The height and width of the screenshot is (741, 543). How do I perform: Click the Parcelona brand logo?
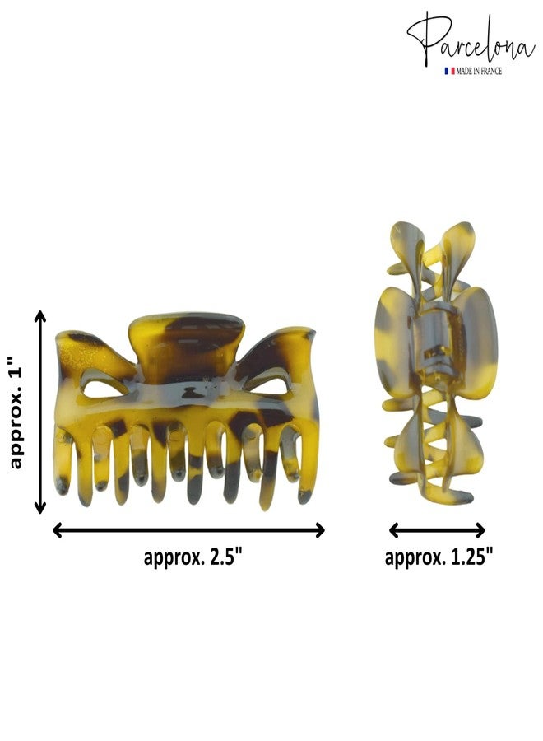point(471,44)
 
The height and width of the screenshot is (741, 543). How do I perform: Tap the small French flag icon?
point(449,71)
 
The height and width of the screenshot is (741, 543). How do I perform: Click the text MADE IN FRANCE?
point(479,71)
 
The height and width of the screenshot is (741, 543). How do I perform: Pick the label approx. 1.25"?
point(439,557)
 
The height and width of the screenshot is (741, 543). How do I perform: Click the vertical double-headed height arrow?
point(40,412)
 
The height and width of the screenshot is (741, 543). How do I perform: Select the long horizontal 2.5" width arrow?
point(188,530)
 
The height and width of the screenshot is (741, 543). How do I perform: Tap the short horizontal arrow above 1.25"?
point(437,530)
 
